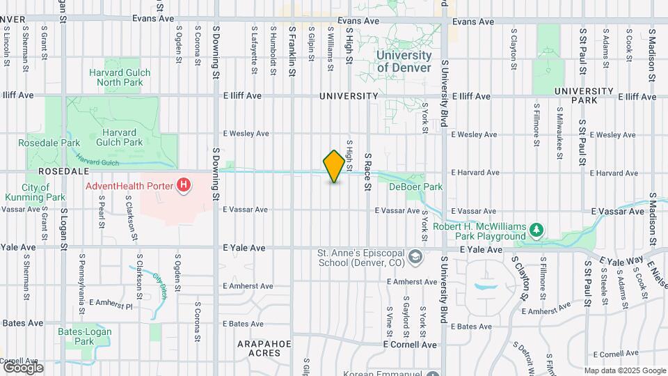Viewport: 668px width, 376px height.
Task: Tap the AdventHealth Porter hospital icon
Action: tap(184, 186)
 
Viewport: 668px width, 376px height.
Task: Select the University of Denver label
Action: tap(404, 61)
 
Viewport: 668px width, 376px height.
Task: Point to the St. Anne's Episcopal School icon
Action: tap(415, 257)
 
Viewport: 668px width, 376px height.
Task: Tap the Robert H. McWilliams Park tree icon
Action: tap(535, 229)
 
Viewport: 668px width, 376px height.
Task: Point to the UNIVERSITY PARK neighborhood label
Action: tap(584, 95)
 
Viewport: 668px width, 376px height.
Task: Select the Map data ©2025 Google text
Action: tap(624, 370)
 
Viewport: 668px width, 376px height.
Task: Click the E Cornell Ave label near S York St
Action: tap(410, 345)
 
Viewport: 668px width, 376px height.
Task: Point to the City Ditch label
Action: tap(161, 281)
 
